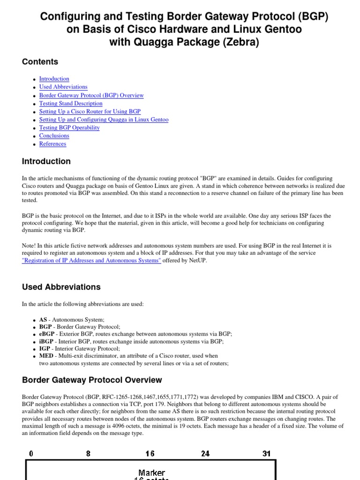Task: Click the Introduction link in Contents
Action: pyautogui.click(x=54, y=79)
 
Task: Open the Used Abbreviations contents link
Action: pyautogui.click(x=63, y=87)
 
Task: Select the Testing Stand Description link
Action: pyautogui.click(x=71, y=103)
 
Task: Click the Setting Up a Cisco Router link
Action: pyautogui.click(x=90, y=112)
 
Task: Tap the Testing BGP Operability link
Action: pyautogui.click(x=69, y=127)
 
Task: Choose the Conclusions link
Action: pyautogui.click(x=54, y=135)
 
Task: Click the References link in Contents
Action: pyautogui.click(x=52, y=144)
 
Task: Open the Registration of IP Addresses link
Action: pyautogui.click(x=91, y=261)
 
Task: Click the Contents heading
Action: pyautogui.click(x=40, y=62)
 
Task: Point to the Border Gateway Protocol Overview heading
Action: pyautogui.click(x=92, y=380)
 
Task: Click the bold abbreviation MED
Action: pyautogui.click(x=46, y=356)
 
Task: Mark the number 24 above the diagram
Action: pyautogui.click(x=205, y=453)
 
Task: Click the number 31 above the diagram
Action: pyautogui.click(x=266, y=453)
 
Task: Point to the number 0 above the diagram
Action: pyautogui.click(x=31, y=453)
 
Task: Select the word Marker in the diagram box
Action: pyautogui.click(x=151, y=473)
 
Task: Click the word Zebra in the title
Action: pyautogui.click(x=239, y=42)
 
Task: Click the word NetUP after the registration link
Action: pyautogui.click(x=196, y=261)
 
